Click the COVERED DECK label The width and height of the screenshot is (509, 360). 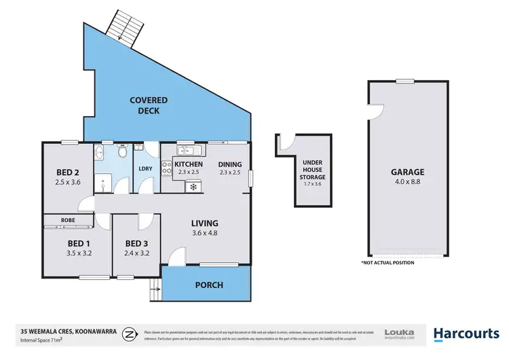click(149, 105)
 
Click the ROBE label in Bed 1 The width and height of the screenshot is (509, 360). click(67, 220)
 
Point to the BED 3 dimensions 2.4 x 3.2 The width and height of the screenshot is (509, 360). click(136, 254)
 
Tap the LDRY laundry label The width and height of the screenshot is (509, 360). click(145, 168)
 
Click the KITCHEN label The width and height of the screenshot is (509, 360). click(189, 164)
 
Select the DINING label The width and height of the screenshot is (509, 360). click(229, 164)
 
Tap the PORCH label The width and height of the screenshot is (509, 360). click(209, 285)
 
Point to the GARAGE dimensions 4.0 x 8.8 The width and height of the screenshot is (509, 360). click(407, 182)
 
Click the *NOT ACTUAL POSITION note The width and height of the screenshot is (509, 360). click(388, 262)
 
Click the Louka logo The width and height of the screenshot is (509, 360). click(399, 333)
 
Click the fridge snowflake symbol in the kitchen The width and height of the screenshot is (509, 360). click(193, 186)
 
